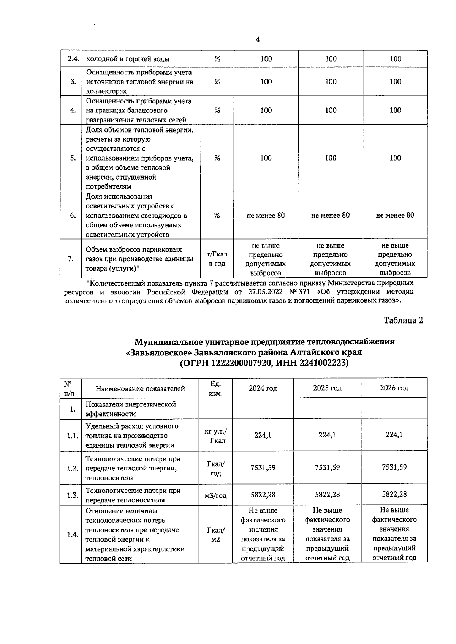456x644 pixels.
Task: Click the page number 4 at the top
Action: point(258,40)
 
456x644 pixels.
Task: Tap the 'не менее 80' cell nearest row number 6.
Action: point(266,215)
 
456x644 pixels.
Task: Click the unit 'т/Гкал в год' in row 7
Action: point(217,259)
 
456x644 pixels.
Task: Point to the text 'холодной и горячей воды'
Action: point(128,59)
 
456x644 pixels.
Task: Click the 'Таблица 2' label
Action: point(403,320)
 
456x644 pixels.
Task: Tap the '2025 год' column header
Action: point(327,388)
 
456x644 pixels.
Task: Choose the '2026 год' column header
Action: point(394,388)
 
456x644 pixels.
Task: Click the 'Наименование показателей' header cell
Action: point(140,388)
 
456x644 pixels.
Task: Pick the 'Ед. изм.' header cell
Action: point(215,388)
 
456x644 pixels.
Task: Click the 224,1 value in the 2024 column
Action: point(263,435)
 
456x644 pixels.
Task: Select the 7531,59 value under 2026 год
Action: point(394,467)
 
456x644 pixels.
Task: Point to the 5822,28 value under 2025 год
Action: point(327,494)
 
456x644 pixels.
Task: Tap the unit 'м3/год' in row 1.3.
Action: point(215,495)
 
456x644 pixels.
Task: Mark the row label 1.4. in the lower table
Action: point(72,535)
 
